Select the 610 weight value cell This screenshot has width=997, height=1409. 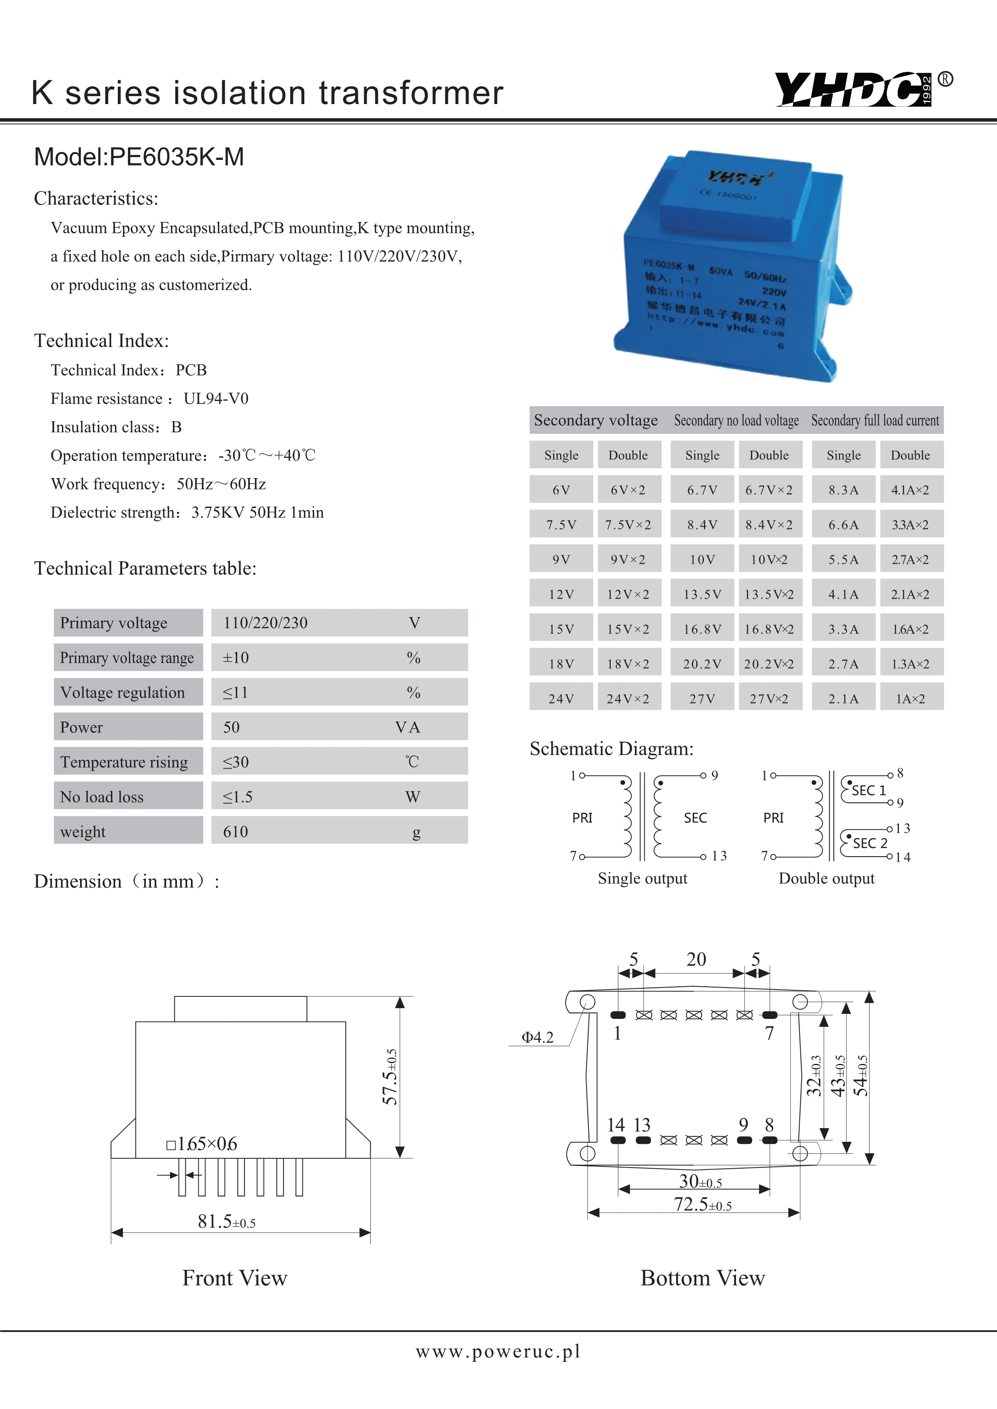[236, 832]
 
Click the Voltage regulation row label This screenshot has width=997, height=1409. [123, 692]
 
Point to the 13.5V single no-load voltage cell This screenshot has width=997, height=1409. [702, 594]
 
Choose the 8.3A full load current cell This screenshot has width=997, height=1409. [843, 490]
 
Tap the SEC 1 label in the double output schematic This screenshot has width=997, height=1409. [869, 790]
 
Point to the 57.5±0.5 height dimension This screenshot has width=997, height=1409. [390, 1077]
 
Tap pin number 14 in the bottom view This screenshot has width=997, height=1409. [616, 1125]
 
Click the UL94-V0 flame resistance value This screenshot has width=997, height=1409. [216, 399]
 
